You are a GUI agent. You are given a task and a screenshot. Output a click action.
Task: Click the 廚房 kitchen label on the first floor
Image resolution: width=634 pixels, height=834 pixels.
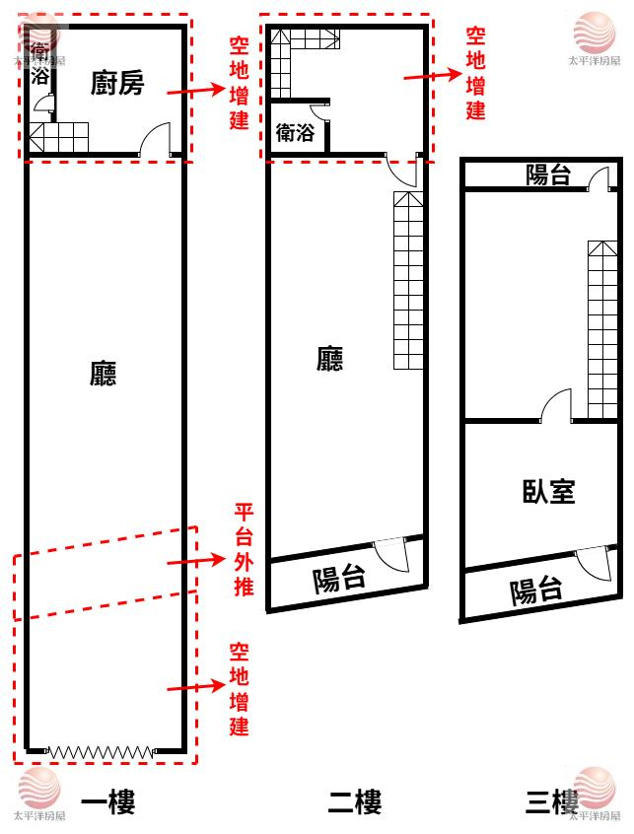(x=117, y=84)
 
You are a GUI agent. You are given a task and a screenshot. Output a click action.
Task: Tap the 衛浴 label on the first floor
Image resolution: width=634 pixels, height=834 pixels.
(x=39, y=63)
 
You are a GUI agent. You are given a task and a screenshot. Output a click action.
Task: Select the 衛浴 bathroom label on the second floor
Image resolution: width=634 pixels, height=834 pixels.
(x=295, y=132)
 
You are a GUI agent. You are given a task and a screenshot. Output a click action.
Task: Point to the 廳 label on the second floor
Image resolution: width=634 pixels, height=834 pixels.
(x=330, y=359)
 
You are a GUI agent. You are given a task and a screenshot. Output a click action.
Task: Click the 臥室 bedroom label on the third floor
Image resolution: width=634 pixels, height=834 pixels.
(x=548, y=491)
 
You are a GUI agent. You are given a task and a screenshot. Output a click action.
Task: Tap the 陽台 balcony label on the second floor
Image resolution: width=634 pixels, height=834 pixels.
(x=339, y=579)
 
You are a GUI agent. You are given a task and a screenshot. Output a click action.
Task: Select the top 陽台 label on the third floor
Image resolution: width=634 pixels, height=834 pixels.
(x=547, y=175)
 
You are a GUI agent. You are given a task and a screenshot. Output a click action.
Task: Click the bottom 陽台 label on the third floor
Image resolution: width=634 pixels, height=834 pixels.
(x=536, y=591)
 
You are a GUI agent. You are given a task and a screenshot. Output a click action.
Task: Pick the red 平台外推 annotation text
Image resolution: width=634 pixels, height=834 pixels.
(x=243, y=551)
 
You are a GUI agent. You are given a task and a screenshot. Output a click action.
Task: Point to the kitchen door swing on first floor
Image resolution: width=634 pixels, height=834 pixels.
(x=155, y=142)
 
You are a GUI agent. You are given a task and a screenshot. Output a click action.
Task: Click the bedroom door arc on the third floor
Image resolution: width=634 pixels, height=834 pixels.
(x=555, y=406)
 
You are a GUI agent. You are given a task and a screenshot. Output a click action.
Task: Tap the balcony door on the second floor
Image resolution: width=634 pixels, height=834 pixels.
(x=391, y=555)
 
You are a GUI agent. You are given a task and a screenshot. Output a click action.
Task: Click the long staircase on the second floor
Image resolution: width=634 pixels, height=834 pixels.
(x=408, y=281)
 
